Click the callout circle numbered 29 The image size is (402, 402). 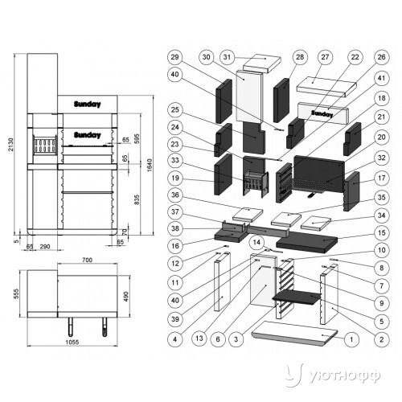click(174, 57)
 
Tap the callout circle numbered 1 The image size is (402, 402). click(351, 339)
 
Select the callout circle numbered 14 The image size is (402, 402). click(256, 243)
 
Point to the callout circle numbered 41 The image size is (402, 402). click(381, 78)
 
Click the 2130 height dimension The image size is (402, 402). click(10, 145)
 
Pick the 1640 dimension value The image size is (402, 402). click(150, 165)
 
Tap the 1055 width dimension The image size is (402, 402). click(72, 343)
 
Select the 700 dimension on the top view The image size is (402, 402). click(88, 260)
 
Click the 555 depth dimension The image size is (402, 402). click(16, 293)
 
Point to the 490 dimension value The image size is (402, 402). click(126, 297)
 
